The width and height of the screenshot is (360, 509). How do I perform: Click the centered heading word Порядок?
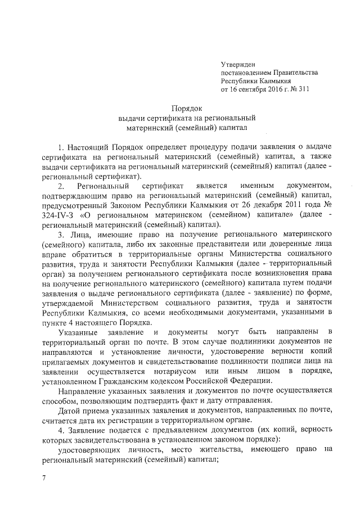click(x=187, y=108)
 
